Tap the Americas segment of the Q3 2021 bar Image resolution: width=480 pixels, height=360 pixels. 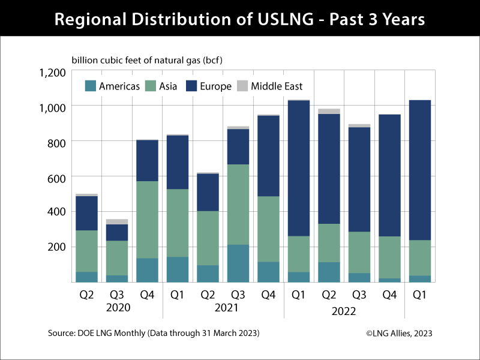click(x=238, y=263)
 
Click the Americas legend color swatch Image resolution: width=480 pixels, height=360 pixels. click(x=91, y=86)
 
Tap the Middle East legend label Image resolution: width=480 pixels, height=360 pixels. click(x=277, y=86)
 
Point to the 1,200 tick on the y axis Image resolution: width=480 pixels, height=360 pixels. click(x=53, y=72)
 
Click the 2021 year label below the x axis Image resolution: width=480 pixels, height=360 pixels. click(x=223, y=308)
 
